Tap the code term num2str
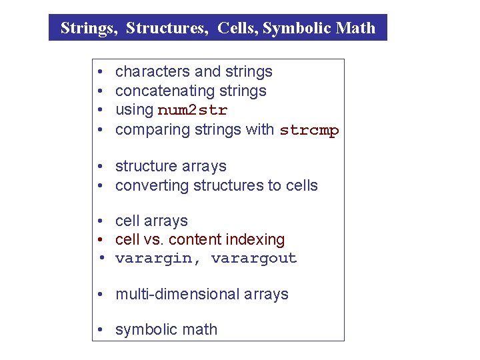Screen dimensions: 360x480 [x=193, y=110]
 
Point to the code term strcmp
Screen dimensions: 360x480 [x=309, y=130]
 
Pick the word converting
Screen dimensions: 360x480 [x=149, y=185]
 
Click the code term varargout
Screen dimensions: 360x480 [x=254, y=259]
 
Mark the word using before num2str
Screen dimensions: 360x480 [x=134, y=110]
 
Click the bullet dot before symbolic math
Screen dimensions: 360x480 [x=99, y=330]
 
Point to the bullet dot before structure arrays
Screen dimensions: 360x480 [x=99, y=167]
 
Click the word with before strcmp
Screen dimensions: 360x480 [x=260, y=129]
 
